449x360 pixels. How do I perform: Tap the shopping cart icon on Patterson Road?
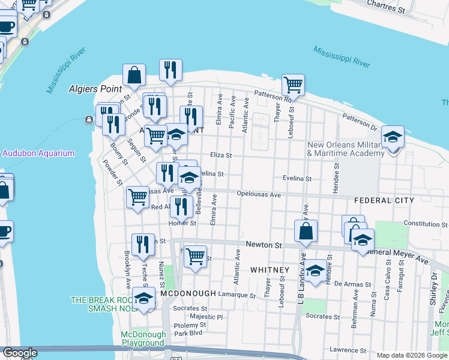click(x=293, y=85)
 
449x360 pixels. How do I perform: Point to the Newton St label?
click(x=264, y=245)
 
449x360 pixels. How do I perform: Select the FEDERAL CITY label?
click(x=384, y=200)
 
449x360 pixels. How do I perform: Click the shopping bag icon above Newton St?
click(x=306, y=231)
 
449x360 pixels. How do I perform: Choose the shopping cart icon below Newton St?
click(x=195, y=257)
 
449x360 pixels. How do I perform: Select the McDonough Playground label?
click(x=142, y=338)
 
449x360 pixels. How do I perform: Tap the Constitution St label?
click(x=426, y=223)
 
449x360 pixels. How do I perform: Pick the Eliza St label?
click(x=220, y=155)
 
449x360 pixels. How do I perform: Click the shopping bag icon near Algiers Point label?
click(x=134, y=76)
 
